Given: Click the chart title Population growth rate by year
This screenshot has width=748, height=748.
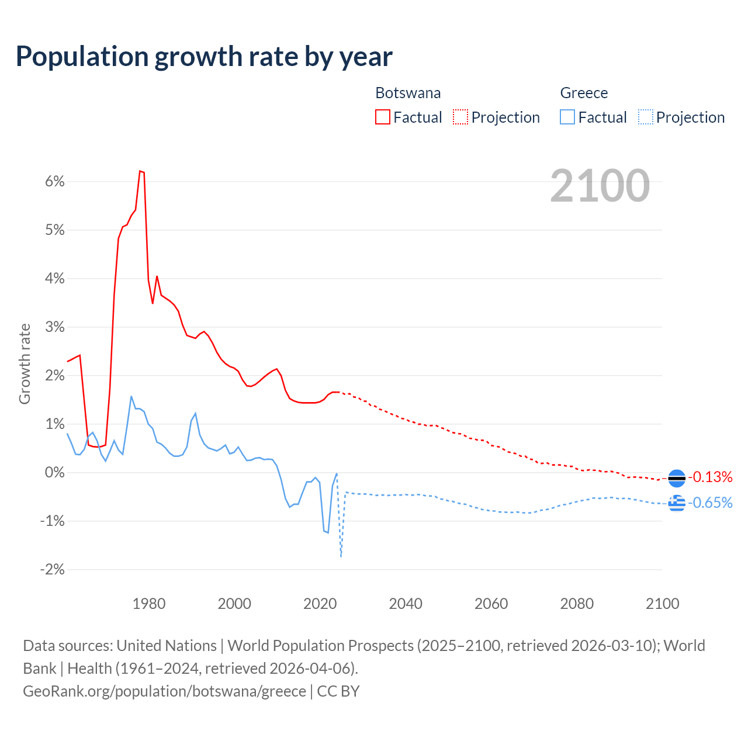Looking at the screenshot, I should (204, 57).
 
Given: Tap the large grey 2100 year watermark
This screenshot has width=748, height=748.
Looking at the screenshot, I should (600, 186).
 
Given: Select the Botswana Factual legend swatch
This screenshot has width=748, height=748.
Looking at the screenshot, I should (383, 117).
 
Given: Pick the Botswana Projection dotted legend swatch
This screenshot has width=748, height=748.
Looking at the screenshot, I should (460, 117).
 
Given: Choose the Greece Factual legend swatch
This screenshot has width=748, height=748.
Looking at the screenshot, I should (567, 117).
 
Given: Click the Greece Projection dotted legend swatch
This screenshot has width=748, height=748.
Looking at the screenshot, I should (645, 117).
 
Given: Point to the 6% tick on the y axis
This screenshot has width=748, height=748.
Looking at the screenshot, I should (54, 181).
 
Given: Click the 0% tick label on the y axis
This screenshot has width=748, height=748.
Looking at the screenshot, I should (54, 472).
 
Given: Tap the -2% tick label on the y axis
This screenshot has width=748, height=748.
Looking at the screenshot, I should (52, 569).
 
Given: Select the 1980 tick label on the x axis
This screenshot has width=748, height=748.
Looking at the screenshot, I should (149, 604).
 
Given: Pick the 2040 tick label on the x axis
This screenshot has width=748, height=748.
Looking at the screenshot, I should (406, 604).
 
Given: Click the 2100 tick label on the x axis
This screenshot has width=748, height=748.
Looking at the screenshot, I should (662, 604).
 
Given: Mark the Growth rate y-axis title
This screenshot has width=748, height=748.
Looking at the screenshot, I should (25, 363).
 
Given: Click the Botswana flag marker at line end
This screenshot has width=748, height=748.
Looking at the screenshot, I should (676, 478).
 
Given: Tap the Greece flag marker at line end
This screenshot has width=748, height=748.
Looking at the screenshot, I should (676, 503).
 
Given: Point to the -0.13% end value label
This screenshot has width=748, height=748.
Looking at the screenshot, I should (710, 477).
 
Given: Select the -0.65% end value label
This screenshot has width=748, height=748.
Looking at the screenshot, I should (710, 503).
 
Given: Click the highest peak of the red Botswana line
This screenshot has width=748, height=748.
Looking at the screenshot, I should (140, 171).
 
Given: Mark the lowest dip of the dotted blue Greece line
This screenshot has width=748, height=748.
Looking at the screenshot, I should (341, 556).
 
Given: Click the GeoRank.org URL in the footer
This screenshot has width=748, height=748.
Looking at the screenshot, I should (164, 691).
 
